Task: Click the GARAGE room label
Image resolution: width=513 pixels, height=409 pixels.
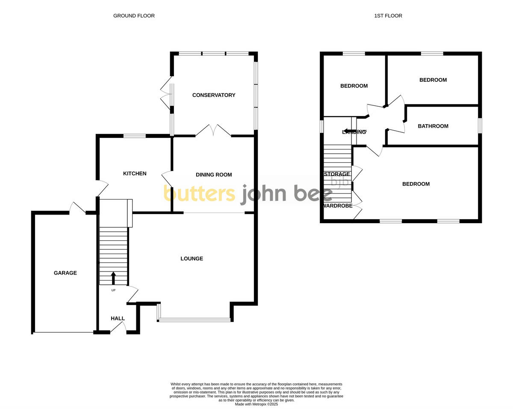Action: tap(65, 273)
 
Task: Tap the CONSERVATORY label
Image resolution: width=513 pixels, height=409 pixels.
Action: tap(214, 95)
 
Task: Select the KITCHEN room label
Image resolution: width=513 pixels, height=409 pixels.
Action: tap(135, 173)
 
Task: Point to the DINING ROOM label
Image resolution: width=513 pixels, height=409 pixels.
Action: tap(214, 175)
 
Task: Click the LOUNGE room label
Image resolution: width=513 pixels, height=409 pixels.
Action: tap(192, 259)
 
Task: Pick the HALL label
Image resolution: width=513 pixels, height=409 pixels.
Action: tap(118, 319)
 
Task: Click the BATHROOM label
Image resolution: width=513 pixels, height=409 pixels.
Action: tap(433, 126)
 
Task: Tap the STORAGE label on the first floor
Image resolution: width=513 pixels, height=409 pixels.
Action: tap(337, 174)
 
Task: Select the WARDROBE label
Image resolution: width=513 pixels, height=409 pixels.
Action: tap(337, 206)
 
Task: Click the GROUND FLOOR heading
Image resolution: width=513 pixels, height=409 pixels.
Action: tap(134, 16)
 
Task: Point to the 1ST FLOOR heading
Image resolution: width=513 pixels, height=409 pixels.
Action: tap(388, 16)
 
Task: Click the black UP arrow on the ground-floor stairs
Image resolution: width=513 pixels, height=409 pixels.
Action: tap(113, 278)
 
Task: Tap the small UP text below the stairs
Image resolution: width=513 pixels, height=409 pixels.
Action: tap(113, 290)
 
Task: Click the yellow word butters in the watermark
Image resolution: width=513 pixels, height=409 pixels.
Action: tap(199, 194)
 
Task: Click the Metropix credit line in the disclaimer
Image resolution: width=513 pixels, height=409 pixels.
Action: tap(256, 404)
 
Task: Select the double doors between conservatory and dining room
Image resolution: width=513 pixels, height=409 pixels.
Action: tap(213, 131)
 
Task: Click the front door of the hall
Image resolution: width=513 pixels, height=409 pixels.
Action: tap(118, 327)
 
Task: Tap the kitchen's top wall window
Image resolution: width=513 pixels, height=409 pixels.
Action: tap(135, 136)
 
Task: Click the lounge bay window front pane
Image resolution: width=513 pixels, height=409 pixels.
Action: tap(195, 319)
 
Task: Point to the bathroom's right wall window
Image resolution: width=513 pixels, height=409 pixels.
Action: tap(480, 126)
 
